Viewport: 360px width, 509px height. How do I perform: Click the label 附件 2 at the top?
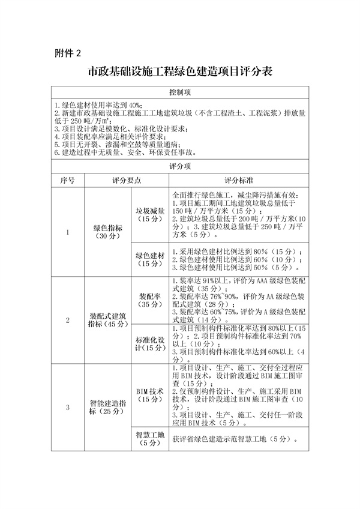[x=67, y=53]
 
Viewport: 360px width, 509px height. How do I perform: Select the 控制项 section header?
[x=180, y=92]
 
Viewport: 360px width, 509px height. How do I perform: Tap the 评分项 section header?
[x=180, y=166]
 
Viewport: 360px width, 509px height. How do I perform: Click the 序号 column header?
[x=68, y=180]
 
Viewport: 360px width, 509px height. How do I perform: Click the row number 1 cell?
[x=68, y=232]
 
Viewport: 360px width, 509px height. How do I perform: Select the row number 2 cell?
[x=68, y=320]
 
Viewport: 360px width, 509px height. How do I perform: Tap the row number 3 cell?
[x=68, y=408]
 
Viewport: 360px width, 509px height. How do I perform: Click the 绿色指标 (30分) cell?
[x=109, y=232]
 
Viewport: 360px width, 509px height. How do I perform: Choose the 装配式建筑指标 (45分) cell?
[x=109, y=320]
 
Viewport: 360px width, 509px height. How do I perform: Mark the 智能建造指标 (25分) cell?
[x=109, y=408]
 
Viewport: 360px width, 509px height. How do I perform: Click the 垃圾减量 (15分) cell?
[x=150, y=215]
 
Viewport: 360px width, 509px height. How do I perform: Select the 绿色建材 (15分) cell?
[x=150, y=259]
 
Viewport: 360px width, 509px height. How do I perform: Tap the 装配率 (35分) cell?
[x=150, y=300]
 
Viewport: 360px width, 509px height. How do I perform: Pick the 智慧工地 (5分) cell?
[x=150, y=439]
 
